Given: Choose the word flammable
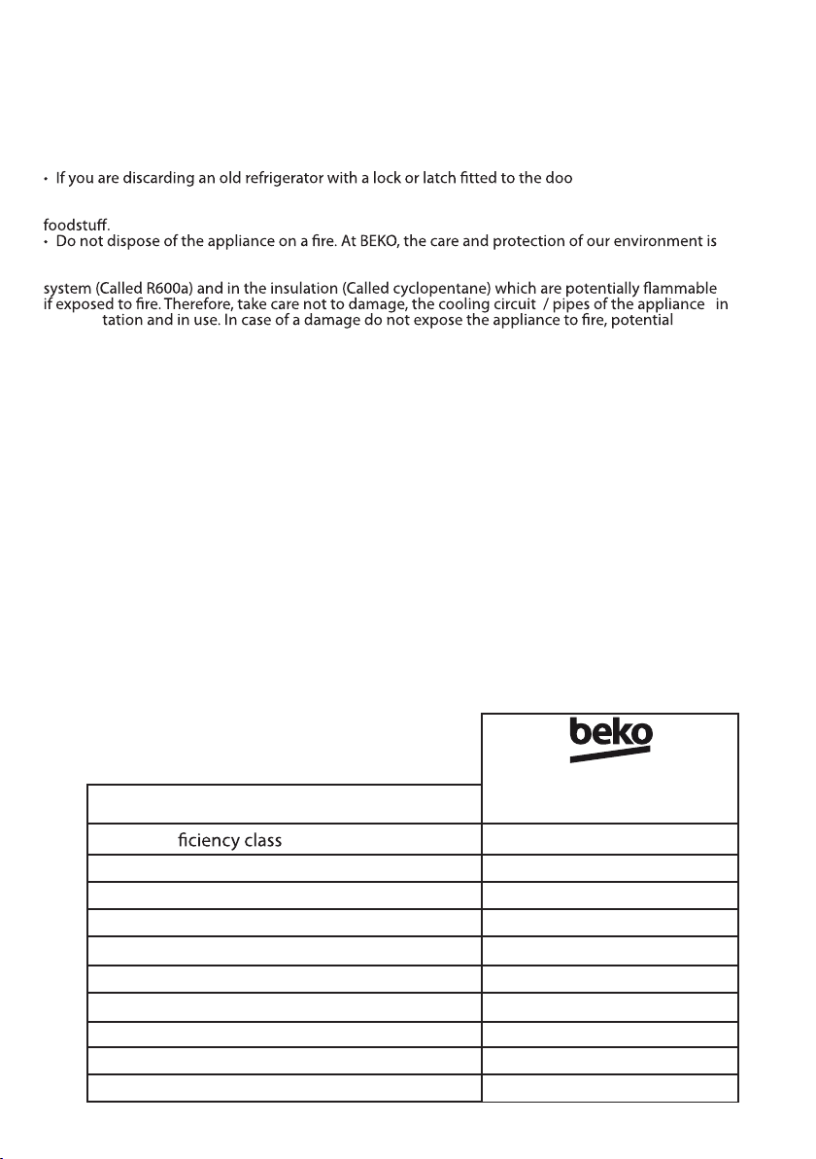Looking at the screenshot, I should point(680,287).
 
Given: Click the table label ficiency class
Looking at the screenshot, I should point(230,840).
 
